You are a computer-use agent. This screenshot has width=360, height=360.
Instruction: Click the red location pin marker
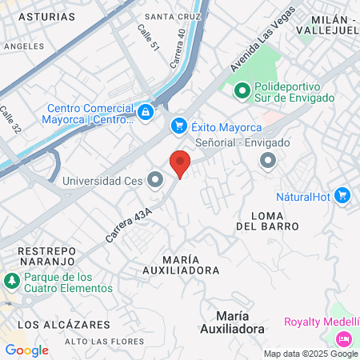coord(181,163)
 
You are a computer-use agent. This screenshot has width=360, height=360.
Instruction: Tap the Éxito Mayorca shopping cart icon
coord(179,126)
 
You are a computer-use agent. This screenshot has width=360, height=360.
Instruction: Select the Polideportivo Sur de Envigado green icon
coord(241,93)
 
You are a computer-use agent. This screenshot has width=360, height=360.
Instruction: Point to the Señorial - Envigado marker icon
coord(268,162)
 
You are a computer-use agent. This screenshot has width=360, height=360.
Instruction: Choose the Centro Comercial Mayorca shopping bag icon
coord(145,114)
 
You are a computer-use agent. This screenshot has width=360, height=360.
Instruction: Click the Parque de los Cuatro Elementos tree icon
coord(12,281)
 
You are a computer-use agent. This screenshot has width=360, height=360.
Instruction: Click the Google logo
coord(26,350)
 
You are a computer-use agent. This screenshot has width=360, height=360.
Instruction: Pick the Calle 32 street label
coord(10,121)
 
